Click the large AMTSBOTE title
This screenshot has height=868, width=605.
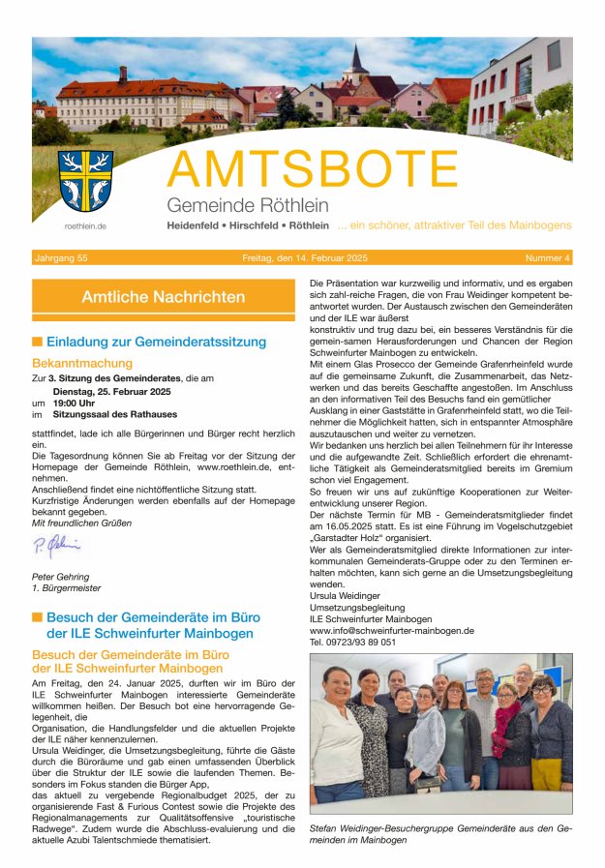click(312, 170)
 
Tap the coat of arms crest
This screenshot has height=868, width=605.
click(85, 180)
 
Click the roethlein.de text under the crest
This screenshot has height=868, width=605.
click(85, 225)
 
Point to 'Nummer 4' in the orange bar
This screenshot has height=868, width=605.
click(547, 258)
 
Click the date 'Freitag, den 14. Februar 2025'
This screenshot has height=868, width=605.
click(305, 258)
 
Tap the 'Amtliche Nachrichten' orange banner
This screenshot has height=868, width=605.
click(164, 297)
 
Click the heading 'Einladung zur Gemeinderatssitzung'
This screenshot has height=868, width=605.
click(156, 342)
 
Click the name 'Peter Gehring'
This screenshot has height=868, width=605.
click(61, 577)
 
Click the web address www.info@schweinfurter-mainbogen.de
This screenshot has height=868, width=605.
click(391, 630)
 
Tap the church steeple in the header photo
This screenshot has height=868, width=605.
click(357, 65)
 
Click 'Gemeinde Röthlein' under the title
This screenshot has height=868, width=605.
click(248, 205)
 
